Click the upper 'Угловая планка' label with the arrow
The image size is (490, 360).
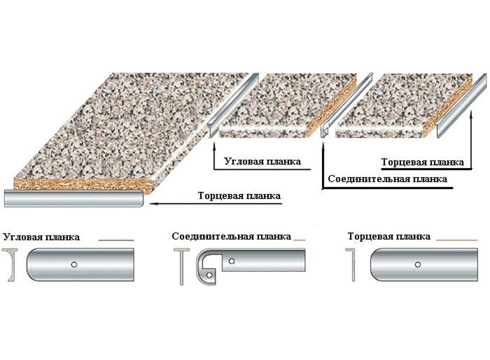point(262,161)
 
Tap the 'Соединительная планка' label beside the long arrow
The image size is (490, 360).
point(387,179)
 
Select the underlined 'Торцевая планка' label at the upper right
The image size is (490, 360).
point(422,162)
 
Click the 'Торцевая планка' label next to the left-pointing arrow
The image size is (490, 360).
point(240,196)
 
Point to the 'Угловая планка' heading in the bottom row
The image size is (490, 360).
point(42,238)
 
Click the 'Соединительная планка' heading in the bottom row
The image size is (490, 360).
point(231,237)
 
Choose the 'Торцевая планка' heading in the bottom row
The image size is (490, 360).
point(389,237)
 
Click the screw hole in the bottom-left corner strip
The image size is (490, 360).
point(73,264)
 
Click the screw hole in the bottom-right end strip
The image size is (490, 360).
point(417,264)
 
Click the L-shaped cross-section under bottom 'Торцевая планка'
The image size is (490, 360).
point(352,265)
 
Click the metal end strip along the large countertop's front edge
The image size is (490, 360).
point(73,198)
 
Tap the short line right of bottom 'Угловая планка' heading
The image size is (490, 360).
point(116,240)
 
